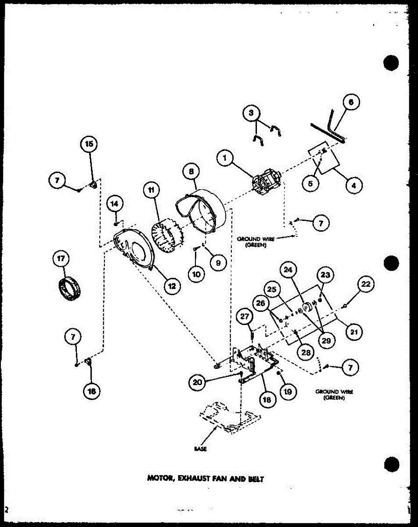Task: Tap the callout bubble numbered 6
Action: click(x=351, y=103)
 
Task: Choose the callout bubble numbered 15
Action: click(x=89, y=144)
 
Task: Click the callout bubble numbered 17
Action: click(x=61, y=260)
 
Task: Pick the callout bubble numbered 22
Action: click(x=367, y=285)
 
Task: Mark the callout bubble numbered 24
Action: click(x=290, y=271)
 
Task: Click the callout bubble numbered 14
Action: click(x=115, y=204)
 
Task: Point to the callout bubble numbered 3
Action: click(x=251, y=114)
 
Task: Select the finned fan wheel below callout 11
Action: click(x=164, y=240)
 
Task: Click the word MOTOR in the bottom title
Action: click(x=160, y=479)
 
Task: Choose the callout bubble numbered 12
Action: click(x=172, y=286)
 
